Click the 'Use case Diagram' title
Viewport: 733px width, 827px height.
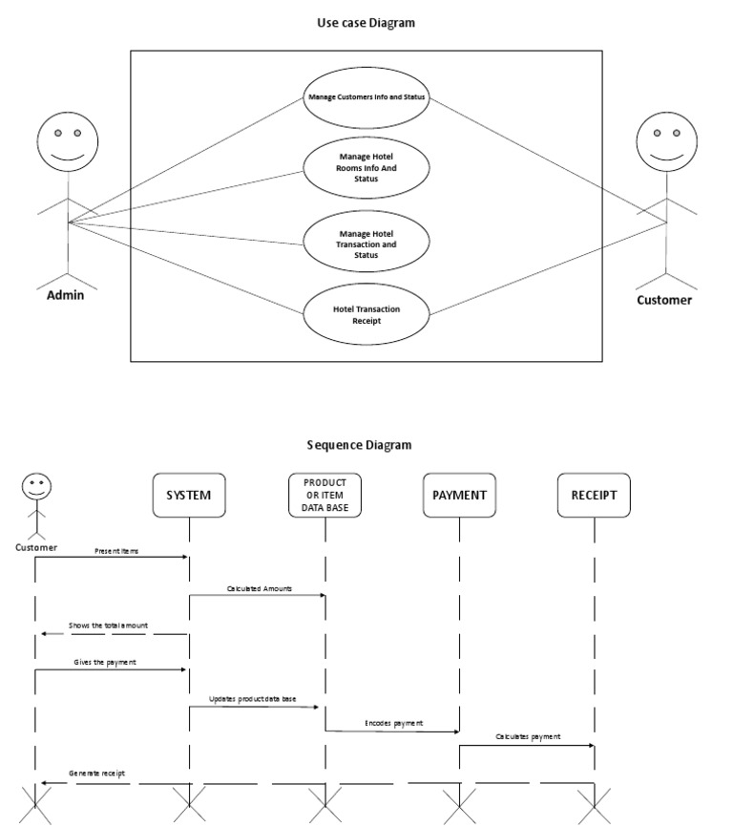point(366,23)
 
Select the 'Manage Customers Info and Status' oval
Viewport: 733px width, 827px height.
point(366,97)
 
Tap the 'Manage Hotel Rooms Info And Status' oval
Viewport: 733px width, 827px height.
point(366,167)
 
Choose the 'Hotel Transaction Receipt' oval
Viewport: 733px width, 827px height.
point(366,315)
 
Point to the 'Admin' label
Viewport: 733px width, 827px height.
point(66,295)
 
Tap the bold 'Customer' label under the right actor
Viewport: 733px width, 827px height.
point(665,300)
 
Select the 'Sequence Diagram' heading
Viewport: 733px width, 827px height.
point(359,445)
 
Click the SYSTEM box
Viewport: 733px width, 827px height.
point(189,496)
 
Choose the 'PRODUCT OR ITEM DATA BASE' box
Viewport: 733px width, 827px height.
point(325,496)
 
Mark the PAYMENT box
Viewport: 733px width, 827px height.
point(459,496)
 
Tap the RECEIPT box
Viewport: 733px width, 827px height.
point(594,496)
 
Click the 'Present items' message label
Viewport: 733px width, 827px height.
point(116,551)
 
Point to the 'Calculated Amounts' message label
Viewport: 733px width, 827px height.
point(260,589)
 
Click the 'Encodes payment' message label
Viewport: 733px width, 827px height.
point(394,723)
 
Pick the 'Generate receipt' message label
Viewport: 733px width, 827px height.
point(96,773)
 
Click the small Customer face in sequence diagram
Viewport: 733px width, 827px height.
point(36,487)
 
